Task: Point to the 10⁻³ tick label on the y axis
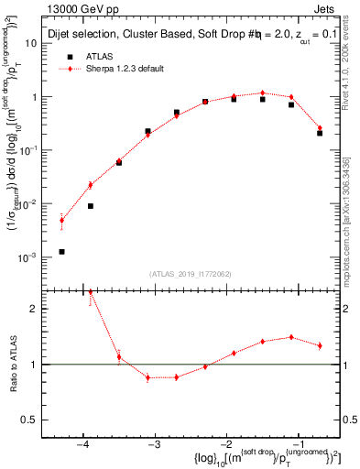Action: pos(26,259)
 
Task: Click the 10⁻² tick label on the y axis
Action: pos(26,205)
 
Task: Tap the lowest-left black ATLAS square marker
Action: pos(61,251)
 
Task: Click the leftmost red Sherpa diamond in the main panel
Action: pos(61,220)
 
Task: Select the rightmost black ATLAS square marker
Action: pos(320,133)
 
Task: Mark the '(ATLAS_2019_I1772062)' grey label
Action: pos(191,272)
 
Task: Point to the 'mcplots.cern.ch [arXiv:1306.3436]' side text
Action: pos(351,211)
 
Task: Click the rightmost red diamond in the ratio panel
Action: pos(320,345)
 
